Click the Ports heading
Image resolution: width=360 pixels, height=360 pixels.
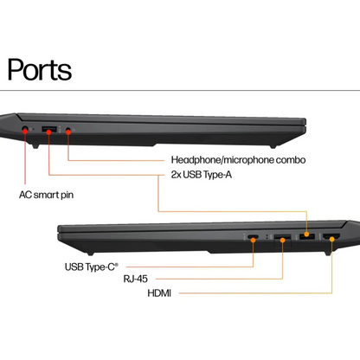(40, 69)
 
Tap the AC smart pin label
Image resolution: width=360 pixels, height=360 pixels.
(46, 195)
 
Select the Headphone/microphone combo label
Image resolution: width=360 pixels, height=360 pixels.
(238, 160)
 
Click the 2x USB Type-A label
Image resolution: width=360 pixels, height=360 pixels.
(202, 175)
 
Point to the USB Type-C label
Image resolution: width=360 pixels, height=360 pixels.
(92, 267)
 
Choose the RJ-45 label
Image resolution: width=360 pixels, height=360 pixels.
(135, 279)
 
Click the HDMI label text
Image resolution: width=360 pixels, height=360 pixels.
(159, 293)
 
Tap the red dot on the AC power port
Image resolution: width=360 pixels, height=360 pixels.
(25, 131)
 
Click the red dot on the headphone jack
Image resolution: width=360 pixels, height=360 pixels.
(68, 132)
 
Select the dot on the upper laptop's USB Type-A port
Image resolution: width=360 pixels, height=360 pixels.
(49, 132)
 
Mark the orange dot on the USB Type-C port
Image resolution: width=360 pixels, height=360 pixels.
(254, 240)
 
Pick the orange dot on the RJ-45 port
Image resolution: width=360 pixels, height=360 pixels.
(283, 240)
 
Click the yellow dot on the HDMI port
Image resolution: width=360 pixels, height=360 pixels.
(332, 239)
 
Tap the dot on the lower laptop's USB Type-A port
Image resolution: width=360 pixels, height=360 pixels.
(306, 235)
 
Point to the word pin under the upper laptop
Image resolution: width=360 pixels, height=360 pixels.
(67, 196)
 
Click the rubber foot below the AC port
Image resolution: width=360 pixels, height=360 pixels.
(35, 146)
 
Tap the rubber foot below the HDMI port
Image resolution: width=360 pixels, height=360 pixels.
(327, 253)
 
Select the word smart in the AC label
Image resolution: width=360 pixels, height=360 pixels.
(46, 195)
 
